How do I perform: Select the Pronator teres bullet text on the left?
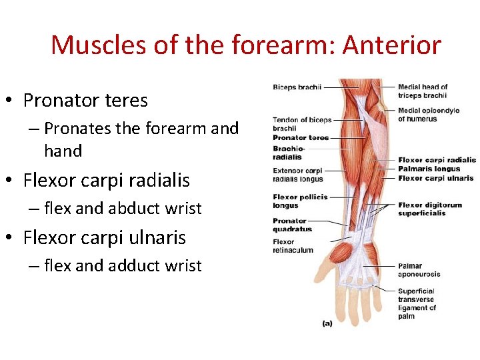point(85,101)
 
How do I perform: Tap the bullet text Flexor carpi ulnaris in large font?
point(104,237)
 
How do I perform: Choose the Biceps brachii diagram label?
point(297,87)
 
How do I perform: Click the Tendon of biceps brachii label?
point(301,124)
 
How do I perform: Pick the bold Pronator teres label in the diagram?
point(301,138)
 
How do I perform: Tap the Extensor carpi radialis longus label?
point(297,175)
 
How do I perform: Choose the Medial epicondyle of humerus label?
point(428,115)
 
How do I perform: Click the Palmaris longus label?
point(429,169)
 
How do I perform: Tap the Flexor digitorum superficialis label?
point(429,209)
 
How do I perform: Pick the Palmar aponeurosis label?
point(419,270)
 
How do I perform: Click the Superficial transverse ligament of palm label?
point(417,303)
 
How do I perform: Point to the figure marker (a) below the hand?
point(327,323)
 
